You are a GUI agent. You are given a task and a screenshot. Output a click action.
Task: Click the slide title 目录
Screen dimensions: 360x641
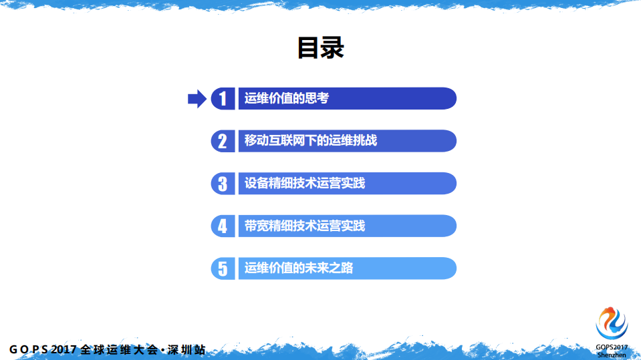tap(320, 48)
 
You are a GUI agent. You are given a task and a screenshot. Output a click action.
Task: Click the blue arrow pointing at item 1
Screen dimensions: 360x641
tap(197, 99)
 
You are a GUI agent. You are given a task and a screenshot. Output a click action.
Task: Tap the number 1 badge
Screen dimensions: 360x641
tap(223, 99)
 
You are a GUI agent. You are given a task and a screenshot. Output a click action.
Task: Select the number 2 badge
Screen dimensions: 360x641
tap(223, 141)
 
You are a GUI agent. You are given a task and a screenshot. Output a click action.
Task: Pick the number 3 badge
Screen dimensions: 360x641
tap(223, 184)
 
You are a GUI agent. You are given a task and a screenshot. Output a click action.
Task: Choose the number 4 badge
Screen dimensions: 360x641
tap(223, 226)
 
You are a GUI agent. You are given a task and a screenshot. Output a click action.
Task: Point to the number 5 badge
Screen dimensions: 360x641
tap(223, 268)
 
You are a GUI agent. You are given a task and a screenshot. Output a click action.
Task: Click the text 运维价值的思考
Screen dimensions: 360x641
tap(287, 99)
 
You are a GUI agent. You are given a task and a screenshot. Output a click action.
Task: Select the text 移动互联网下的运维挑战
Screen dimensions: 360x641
tap(311, 141)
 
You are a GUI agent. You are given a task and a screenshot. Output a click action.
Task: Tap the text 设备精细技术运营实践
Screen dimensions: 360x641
tap(305, 184)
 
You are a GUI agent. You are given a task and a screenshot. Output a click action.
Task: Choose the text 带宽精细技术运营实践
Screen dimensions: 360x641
tap(305, 226)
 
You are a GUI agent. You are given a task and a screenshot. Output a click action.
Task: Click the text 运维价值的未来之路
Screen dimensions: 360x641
tap(299, 268)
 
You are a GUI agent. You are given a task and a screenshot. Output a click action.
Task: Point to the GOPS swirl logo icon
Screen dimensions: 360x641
tap(612, 323)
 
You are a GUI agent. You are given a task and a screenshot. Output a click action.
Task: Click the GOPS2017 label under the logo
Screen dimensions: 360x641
tap(612, 347)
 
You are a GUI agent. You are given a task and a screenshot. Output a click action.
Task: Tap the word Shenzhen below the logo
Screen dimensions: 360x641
tap(612, 355)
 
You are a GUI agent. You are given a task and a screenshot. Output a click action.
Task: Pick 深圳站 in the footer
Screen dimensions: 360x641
tap(186, 350)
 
